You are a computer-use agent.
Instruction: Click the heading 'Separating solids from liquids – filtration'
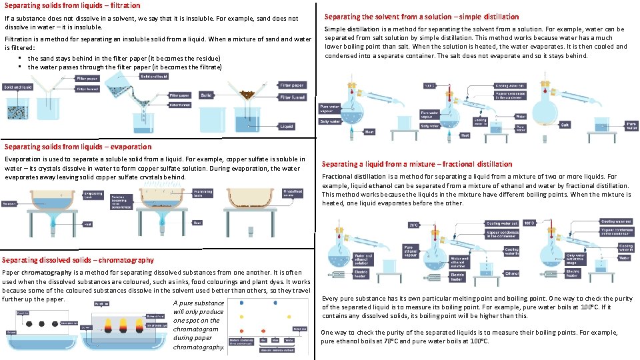tap(72, 5)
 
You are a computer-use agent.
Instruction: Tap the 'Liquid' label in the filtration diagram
tap(287, 125)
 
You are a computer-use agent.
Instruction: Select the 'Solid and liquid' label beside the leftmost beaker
tap(17, 87)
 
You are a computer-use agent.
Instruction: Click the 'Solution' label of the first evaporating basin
tap(9, 203)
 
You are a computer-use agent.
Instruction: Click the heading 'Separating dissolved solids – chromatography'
tap(78, 260)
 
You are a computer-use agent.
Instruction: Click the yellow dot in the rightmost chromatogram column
tap(288, 315)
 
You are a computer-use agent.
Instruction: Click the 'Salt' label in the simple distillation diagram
tap(564, 124)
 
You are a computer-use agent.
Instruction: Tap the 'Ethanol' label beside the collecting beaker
tap(512, 273)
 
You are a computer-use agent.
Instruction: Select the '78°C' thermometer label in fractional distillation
tap(413, 224)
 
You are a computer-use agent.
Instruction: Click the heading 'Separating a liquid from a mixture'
tap(417, 164)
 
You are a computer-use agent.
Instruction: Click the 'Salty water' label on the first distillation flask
tap(330, 121)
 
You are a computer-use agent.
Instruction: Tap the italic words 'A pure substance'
tap(198, 303)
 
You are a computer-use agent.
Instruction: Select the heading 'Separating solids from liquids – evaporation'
tap(78, 147)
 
